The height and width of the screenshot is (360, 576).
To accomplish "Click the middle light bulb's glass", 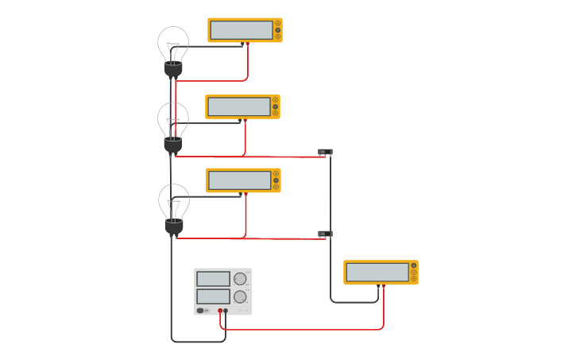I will [x=173, y=119].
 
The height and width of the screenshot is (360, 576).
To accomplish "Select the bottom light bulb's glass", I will [x=174, y=201].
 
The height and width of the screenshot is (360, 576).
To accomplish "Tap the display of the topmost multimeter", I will [x=240, y=30].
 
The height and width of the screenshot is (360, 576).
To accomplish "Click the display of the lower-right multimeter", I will [x=377, y=272].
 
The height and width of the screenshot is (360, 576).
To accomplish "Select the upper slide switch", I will [x=325, y=152].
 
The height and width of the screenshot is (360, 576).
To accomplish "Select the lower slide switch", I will [x=325, y=234].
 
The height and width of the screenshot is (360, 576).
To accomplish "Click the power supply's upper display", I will [x=213, y=279].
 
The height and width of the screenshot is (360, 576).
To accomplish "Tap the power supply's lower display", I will [x=213, y=296].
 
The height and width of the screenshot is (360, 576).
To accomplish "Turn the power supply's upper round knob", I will [x=240, y=279].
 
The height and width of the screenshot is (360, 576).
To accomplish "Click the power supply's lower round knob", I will [x=240, y=296].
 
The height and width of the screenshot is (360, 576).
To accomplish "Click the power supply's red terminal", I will [x=220, y=312].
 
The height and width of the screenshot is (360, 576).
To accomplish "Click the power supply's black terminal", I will [x=226, y=312].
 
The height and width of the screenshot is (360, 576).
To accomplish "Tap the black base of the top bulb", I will [x=173, y=71].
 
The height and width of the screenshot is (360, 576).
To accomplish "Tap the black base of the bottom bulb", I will [x=174, y=227].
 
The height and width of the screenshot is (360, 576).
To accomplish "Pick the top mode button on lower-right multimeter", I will [x=414, y=265].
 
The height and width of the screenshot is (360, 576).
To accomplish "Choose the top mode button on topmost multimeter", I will [x=277, y=24].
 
